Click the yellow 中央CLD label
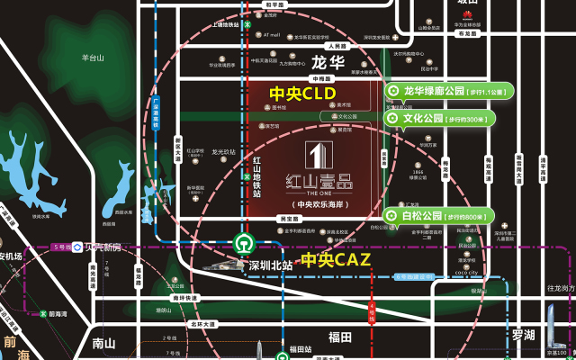pyautogui.click(x=303, y=93)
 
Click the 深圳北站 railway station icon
pyautogui.click(x=242, y=243)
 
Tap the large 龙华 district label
pyautogui.click(x=328, y=63)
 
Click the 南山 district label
pyautogui.click(x=104, y=343)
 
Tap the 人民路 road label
pyautogui.click(x=337, y=46)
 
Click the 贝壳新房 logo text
pyautogui.click(x=98, y=247)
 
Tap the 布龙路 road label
pyautogui.click(x=467, y=33)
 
